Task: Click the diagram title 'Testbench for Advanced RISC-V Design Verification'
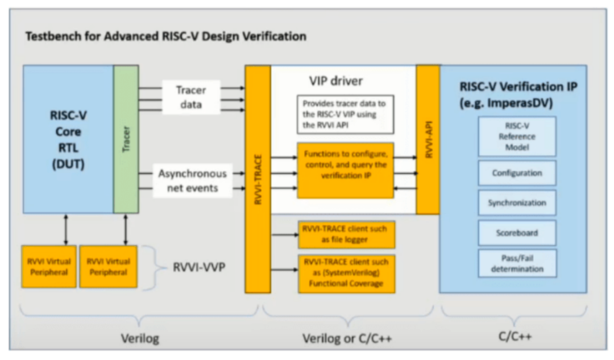coord(166,36)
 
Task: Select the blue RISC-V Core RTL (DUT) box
coord(68,139)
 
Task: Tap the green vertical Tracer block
coord(126,139)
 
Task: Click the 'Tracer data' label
coord(191,97)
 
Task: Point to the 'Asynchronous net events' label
coord(192,180)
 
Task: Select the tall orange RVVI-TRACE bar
coord(258,179)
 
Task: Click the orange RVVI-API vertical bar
coord(428,139)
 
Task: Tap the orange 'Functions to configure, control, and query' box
coord(345,170)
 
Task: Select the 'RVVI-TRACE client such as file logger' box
coord(346,234)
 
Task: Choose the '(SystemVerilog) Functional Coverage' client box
coord(346,273)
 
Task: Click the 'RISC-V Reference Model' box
coord(517,136)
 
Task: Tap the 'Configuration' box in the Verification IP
coord(517,173)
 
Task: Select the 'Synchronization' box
coord(517,202)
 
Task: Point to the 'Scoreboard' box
coord(517,232)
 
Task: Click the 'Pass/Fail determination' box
coord(517,263)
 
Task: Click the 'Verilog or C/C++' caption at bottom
coord(347,339)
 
